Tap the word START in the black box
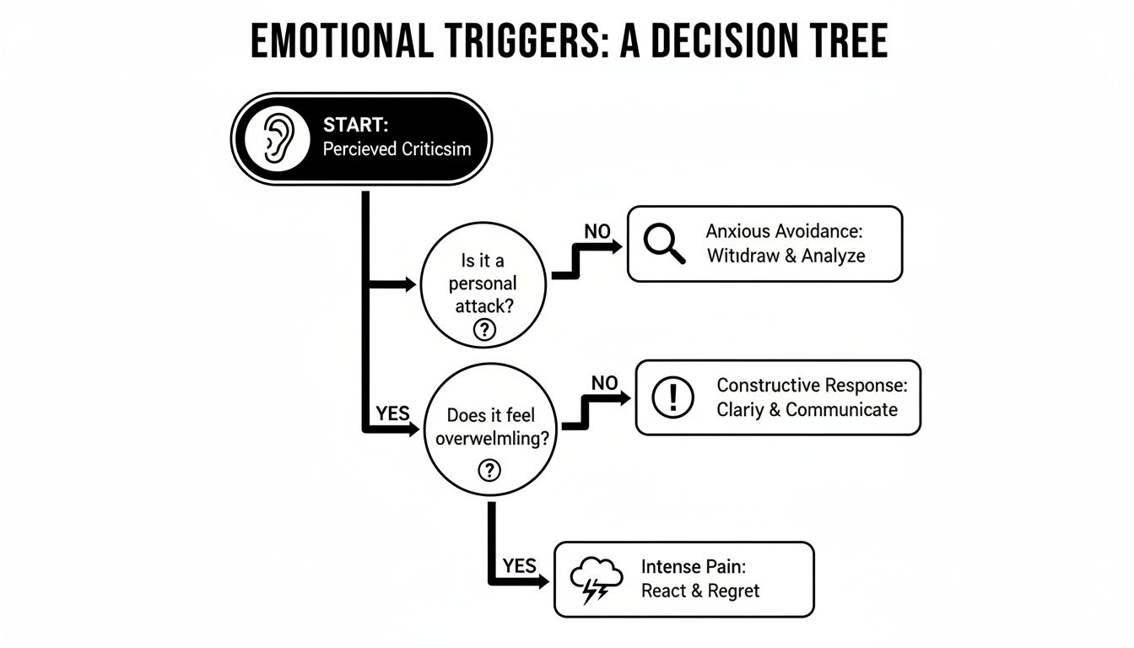tap(355, 125)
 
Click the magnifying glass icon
tap(663, 243)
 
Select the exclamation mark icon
tap(673, 397)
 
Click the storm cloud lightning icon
tap(596, 580)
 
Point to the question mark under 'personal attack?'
tap(483, 330)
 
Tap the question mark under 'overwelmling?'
tap(489, 469)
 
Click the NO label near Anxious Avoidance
tap(597, 230)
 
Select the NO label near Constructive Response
tap(604, 383)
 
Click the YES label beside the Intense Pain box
tap(520, 565)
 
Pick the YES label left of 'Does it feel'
tap(392, 413)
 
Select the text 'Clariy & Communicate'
tap(807, 410)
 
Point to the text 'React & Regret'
tap(700, 591)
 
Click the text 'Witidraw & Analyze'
tap(785, 256)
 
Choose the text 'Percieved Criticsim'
tap(397, 149)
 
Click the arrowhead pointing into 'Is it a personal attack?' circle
tap(411, 285)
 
